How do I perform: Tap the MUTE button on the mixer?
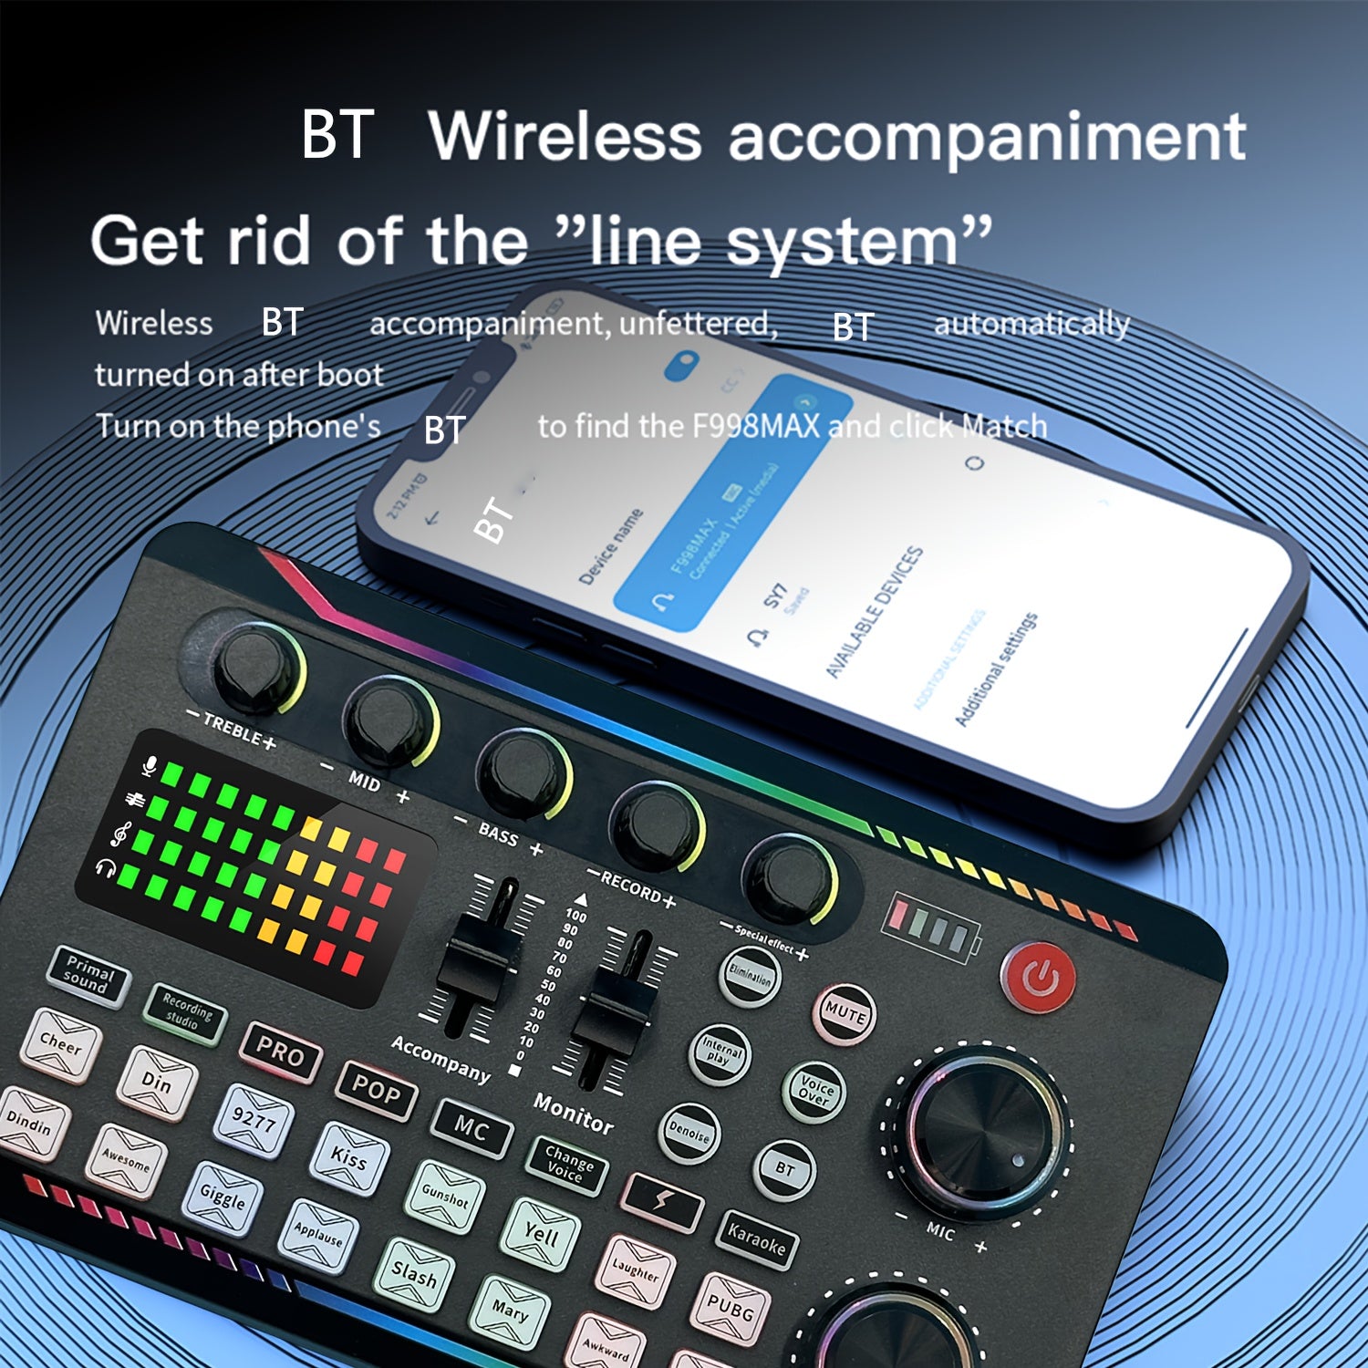tap(845, 1013)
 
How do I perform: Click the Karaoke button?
tap(756, 1239)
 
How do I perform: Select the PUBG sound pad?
tap(731, 1308)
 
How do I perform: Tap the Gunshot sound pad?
tap(445, 1194)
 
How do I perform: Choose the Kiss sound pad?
tap(348, 1158)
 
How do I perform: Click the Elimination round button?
tap(751, 976)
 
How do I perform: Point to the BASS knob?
tap(522, 773)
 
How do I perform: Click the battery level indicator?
tap(931, 927)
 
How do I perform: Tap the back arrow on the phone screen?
tap(432, 518)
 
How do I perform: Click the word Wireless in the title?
tap(565, 136)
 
